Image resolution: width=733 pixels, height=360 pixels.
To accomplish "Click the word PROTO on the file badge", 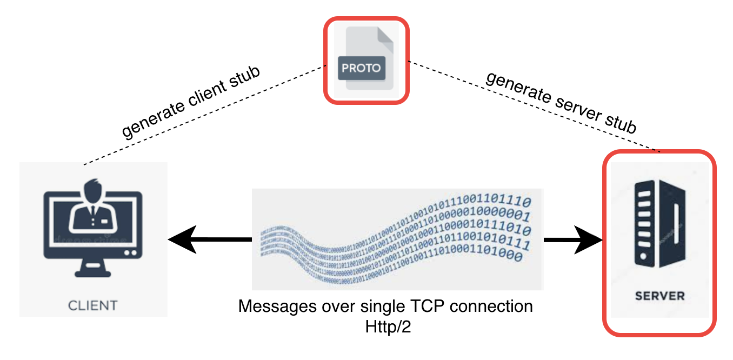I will click(x=361, y=69).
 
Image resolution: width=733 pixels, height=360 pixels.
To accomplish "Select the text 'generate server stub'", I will click(x=560, y=102).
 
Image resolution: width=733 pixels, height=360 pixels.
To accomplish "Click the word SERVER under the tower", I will click(x=659, y=296).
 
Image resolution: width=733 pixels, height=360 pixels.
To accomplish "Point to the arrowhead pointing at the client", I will click(x=181, y=239).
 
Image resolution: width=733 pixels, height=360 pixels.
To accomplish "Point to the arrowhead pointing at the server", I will click(x=591, y=239).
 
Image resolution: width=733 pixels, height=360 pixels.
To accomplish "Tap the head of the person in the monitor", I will click(x=93, y=191).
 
